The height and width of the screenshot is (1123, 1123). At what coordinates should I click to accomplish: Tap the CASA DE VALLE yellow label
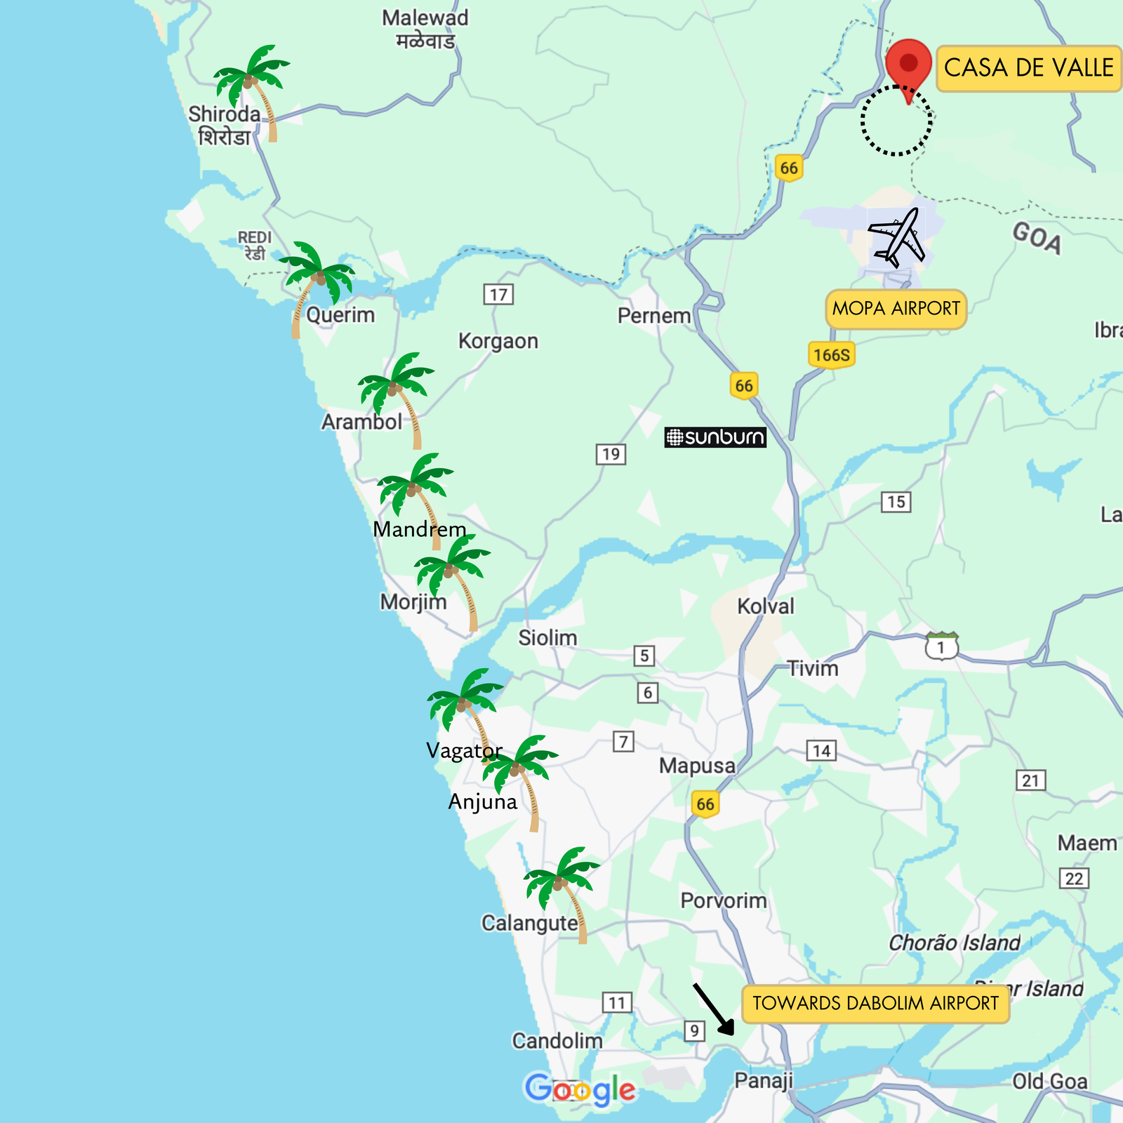pyautogui.click(x=1028, y=68)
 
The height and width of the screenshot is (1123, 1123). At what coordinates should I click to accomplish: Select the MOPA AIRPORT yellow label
pyautogui.click(x=896, y=309)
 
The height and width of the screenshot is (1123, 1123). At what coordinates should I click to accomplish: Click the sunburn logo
pyautogui.click(x=715, y=437)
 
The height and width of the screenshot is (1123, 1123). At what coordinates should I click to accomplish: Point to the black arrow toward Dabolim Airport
pyautogui.click(x=714, y=1009)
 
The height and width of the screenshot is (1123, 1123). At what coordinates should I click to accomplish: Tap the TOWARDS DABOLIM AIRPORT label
pyautogui.click(x=875, y=1003)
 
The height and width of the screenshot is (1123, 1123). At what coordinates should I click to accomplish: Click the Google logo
pyautogui.click(x=580, y=1090)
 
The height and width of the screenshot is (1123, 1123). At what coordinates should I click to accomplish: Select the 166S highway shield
pyautogui.click(x=832, y=355)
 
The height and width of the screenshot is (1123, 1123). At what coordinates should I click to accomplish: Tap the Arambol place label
pyautogui.click(x=361, y=422)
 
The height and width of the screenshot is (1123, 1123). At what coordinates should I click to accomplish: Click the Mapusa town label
pyautogui.click(x=696, y=766)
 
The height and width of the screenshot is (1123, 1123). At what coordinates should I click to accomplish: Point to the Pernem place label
pyautogui.click(x=654, y=316)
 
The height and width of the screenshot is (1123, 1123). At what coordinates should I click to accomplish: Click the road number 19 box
pyautogui.click(x=611, y=454)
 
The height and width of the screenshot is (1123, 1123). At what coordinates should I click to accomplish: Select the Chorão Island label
pyautogui.click(x=954, y=943)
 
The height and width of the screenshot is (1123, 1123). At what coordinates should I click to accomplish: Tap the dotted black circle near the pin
pyautogui.click(x=896, y=121)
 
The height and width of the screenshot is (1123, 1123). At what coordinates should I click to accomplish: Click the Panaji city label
pyautogui.click(x=763, y=1080)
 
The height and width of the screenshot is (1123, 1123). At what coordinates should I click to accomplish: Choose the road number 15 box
pyautogui.click(x=896, y=502)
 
